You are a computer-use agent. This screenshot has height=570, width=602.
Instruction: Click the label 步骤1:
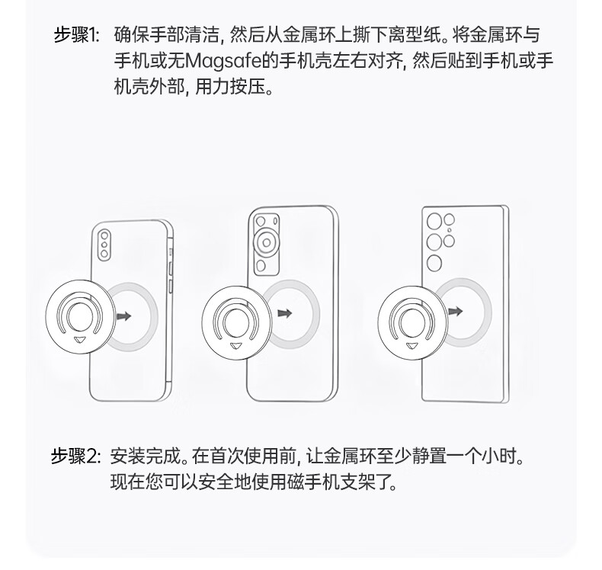(x=76, y=35)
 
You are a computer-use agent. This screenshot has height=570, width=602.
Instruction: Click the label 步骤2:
(x=76, y=456)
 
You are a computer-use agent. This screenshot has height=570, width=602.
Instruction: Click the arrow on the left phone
(x=124, y=316)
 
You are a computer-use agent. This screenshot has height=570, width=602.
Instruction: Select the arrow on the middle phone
(x=284, y=313)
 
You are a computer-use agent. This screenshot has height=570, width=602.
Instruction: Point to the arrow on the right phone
(x=456, y=311)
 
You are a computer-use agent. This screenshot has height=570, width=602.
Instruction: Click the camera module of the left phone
(x=104, y=245)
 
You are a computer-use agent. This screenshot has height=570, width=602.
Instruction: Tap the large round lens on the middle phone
(x=266, y=242)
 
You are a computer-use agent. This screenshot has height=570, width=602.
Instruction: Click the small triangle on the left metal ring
(x=80, y=340)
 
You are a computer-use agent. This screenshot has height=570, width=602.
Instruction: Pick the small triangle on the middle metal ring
(x=236, y=346)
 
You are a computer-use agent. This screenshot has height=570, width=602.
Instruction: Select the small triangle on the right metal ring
(x=412, y=345)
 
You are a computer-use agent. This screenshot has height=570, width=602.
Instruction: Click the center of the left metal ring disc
(x=80, y=317)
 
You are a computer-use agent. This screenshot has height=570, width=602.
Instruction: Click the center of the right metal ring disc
(x=413, y=322)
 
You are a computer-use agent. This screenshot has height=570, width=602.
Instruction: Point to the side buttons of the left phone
(x=170, y=271)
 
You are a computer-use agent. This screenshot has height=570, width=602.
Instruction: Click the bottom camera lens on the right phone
(x=434, y=263)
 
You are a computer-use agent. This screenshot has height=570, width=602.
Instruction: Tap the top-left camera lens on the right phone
(x=434, y=222)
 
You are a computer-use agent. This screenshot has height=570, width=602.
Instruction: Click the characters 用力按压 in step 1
(x=230, y=87)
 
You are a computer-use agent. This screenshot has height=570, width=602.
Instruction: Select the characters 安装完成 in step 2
(x=145, y=456)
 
